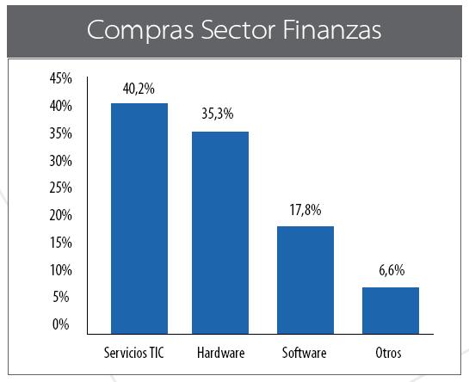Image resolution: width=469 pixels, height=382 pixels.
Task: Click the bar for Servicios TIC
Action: pyautogui.click(x=139, y=219)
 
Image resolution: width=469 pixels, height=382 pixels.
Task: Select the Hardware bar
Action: pyautogui.click(x=219, y=232)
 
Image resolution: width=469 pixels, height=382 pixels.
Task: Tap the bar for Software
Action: pyautogui.click(x=305, y=280)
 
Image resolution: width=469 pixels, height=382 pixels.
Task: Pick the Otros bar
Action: pyautogui.click(x=390, y=311)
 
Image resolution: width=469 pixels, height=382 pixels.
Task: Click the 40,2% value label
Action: pyautogui.click(x=139, y=89)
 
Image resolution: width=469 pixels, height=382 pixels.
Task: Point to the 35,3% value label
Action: pyautogui.click(x=219, y=114)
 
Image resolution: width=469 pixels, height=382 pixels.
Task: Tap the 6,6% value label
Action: pyautogui.click(x=390, y=270)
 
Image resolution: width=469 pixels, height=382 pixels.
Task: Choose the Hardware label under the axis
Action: pyautogui.click(x=220, y=353)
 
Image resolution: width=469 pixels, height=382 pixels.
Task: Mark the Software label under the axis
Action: pyautogui.click(x=305, y=353)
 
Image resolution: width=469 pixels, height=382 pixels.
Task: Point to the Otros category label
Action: pyautogui.click(x=389, y=353)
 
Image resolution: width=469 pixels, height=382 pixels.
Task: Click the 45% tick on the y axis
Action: pyautogui.click(x=61, y=79)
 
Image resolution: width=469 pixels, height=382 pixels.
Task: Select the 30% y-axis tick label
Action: pyautogui.click(x=61, y=161)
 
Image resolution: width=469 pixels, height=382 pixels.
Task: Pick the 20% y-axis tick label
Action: pyautogui.click(x=61, y=215)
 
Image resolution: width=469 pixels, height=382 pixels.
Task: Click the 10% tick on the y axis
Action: pyautogui.click(x=61, y=270)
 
